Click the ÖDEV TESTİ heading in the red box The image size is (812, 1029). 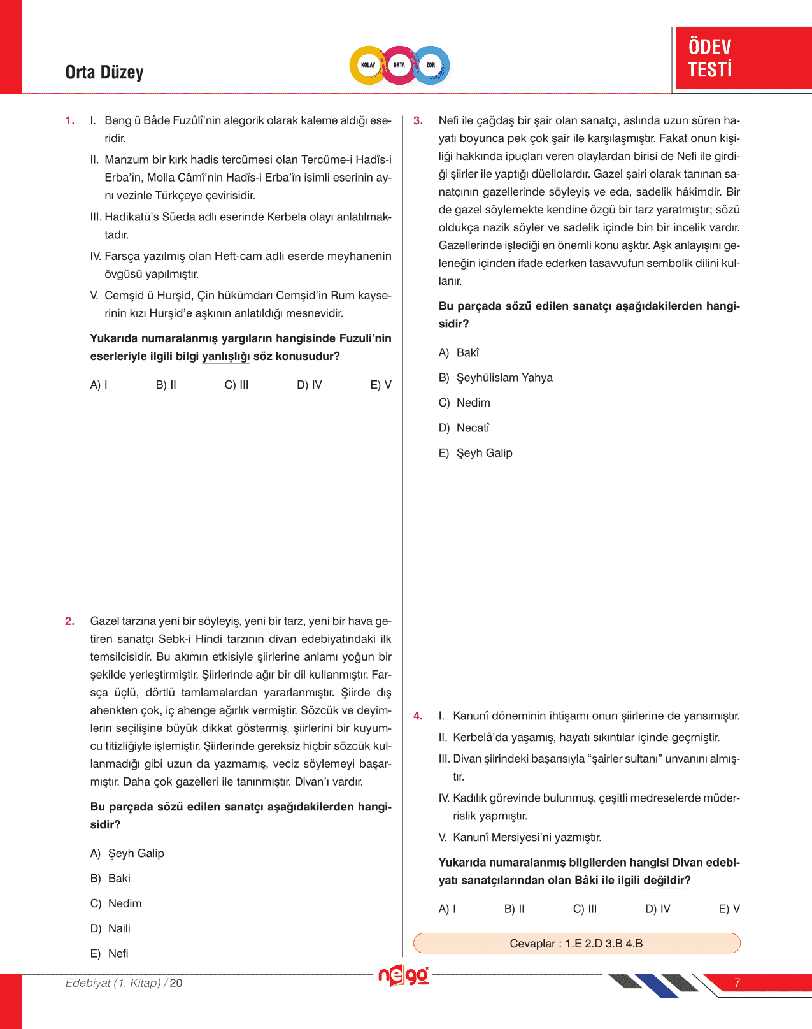click(710, 57)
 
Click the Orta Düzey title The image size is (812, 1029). click(104, 73)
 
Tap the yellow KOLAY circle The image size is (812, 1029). click(368, 65)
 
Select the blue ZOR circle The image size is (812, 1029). click(431, 65)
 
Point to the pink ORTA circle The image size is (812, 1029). click(399, 65)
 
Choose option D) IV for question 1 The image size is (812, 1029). click(310, 385)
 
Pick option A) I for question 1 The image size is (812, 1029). click(99, 385)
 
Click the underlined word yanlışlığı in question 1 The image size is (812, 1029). click(226, 356)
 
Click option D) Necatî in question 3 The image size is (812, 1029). click(464, 428)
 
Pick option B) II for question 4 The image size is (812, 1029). click(515, 909)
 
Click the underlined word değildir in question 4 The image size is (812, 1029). click(664, 881)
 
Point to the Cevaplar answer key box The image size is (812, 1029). click(576, 944)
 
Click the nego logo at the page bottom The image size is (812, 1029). click(404, 976)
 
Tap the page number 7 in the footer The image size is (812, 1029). click(737, 983)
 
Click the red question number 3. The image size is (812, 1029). click(418, 120)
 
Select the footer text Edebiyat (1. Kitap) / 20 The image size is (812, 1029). click(124, 983)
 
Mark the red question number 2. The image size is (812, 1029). click(69, 621)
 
